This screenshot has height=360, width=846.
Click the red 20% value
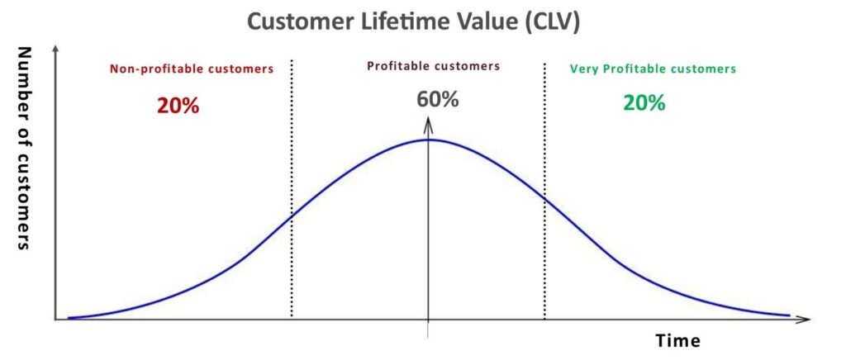point(178,106)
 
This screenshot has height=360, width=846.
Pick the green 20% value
point(644,102)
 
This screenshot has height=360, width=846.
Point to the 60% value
point(438,99)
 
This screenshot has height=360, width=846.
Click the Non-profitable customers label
point(192,69)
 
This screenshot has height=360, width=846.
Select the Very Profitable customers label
point(653,69)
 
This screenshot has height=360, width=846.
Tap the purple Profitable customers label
point(434,66)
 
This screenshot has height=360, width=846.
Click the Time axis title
point(678,341)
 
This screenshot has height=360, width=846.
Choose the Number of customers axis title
point(22,148)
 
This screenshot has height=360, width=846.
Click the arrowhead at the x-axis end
point(803,319)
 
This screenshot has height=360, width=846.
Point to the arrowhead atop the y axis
point(55,50)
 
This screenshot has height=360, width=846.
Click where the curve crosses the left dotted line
point(292,216)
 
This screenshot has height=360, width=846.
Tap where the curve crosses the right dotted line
point(544,199)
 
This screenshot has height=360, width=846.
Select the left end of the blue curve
point(69,318)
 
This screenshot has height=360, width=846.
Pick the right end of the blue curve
point(789,315)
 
